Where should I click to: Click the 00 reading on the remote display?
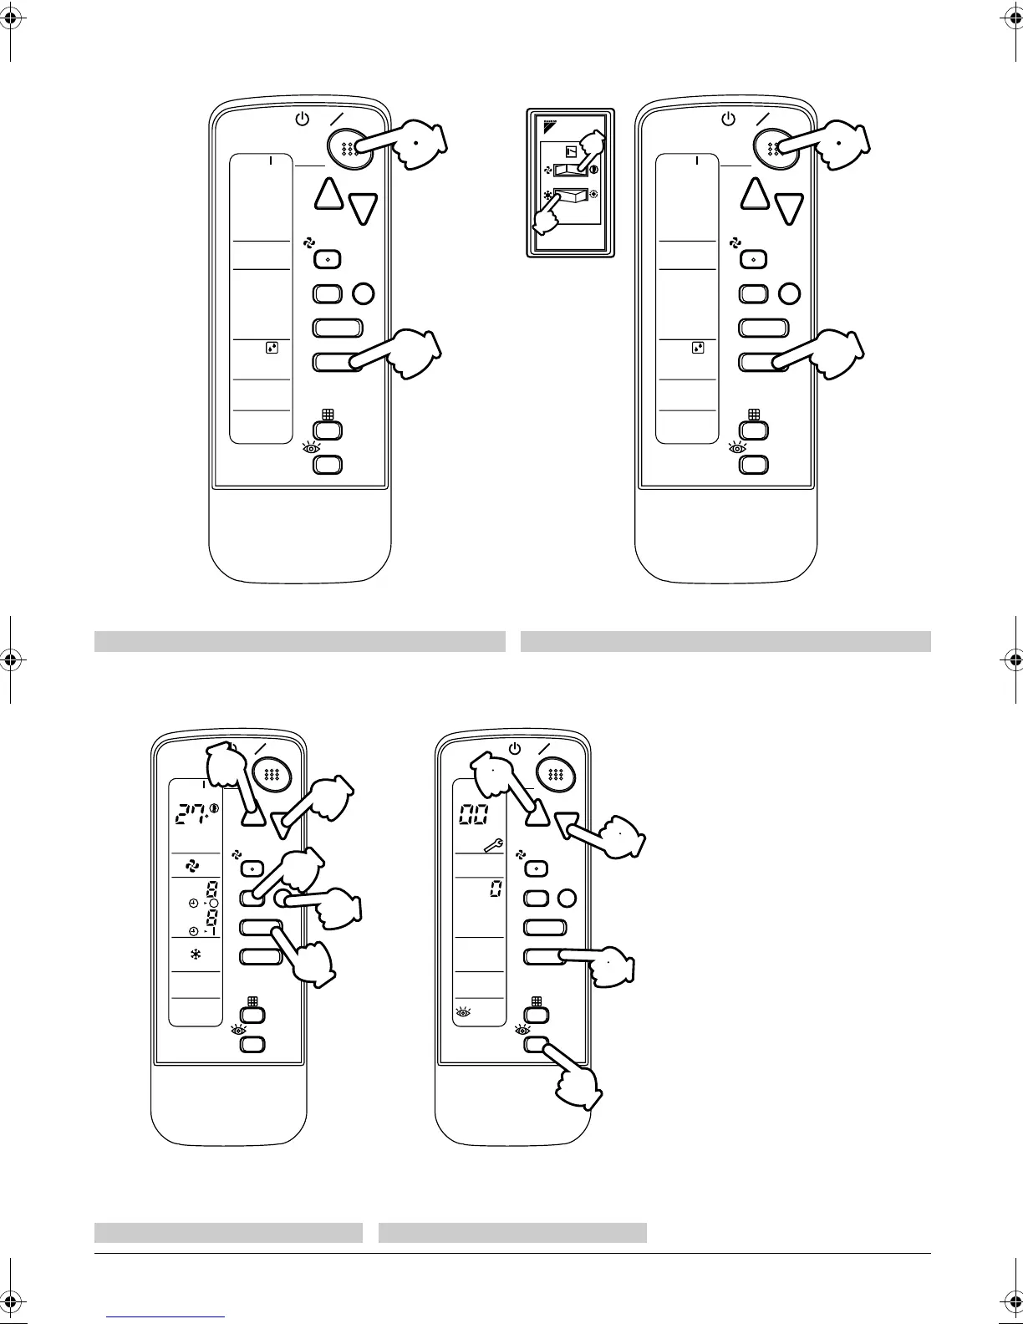pyautogui.click(x=476, y=815)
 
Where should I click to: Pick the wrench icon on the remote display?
pyautogui.click(x=493, y=848)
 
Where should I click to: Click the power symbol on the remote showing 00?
pyautogui.click(x=515, y=749)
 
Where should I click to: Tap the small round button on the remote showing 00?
pyautogui.click(x=567, y=899)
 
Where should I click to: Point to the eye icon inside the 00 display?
pyautogui.click(x=462, y=1012)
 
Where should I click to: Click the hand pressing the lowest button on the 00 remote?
pyautogui.click(x=579, y=1086)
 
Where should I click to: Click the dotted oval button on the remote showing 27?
pyautogui.click(x=271, y=773)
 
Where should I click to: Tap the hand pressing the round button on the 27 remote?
pyautogui.click(x=334, y=907)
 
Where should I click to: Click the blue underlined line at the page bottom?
pyautogui.click(x=166, y=1316)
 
